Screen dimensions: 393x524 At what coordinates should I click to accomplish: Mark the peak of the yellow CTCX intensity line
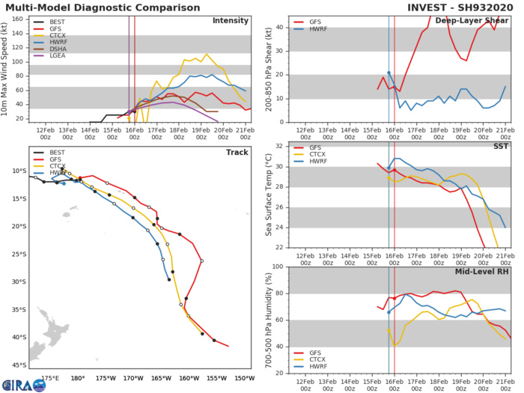[x=206, y=54]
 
